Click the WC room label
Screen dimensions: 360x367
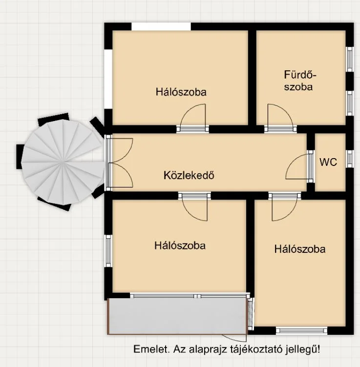(x=328, y=162)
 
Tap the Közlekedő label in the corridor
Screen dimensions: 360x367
(x=189, y=175)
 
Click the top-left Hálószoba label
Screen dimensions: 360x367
(x=181, y=92)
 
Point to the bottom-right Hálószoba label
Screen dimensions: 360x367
(x=300, y=249)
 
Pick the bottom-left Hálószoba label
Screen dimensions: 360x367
(x=180, y=245)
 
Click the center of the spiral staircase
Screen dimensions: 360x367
(x=63, y=162)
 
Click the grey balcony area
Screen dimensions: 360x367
(x=177, y=316)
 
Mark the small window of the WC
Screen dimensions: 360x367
(x=350, y=159)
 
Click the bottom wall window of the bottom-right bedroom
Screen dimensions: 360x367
(x=302, y=330)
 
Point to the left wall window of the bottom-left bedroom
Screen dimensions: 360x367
(x=108, y=251)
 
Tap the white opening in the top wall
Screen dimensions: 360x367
(x=161, y=26)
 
